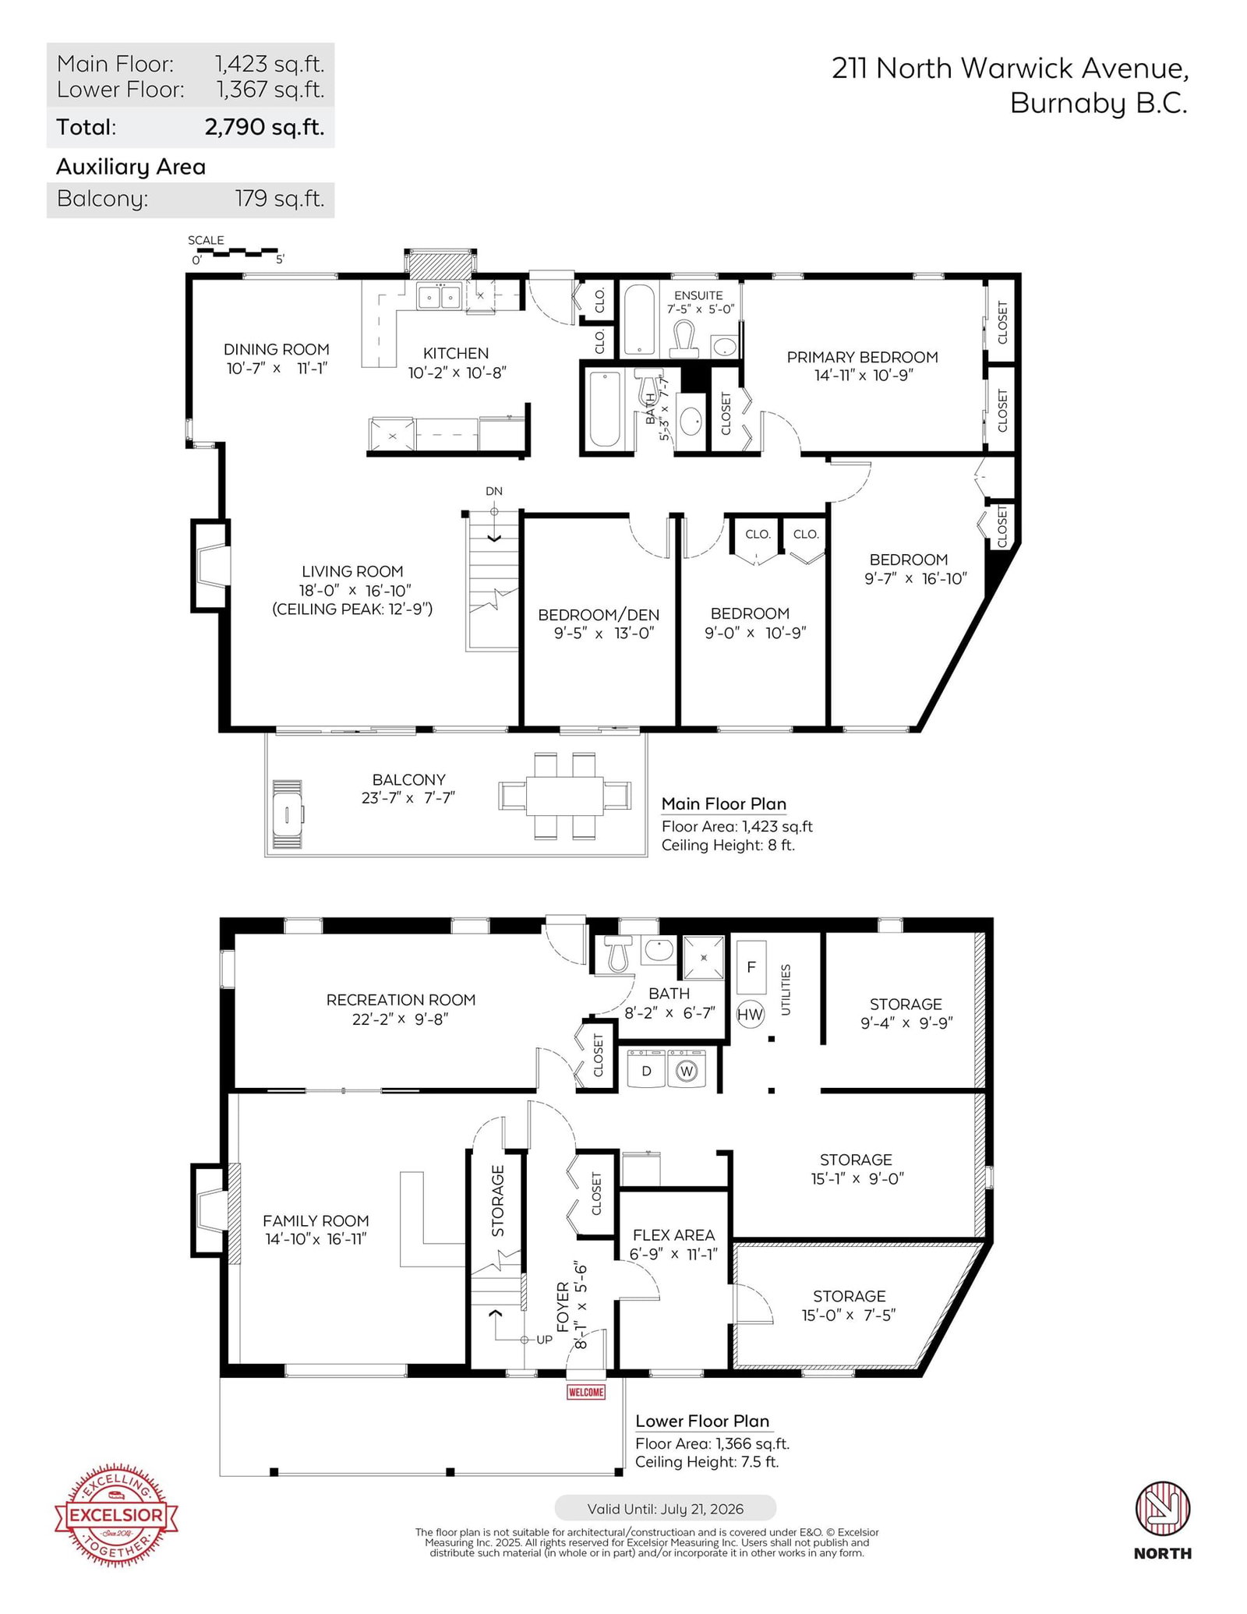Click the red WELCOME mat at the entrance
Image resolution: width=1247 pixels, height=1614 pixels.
click(586, 1392)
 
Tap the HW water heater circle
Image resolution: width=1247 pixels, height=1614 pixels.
click(750, 1013)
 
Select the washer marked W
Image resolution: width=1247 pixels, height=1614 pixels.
click(687, 1071)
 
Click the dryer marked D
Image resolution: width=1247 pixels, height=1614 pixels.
click(646, 1070)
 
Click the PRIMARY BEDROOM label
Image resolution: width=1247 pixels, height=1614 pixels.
click(862, 358)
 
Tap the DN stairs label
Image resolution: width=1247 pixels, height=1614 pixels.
click(494, 491)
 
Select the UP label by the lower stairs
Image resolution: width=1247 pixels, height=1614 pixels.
click(544, 1340)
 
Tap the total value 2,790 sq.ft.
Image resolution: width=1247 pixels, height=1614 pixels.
click(264, 127)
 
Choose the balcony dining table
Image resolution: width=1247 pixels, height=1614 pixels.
click(565, 795)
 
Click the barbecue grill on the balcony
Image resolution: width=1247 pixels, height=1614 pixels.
click(288, 815)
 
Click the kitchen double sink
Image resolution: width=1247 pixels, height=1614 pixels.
click(439, 297)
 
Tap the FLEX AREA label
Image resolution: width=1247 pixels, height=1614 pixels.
click(673, 1235)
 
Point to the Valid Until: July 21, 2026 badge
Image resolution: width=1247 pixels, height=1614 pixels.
click(665, 1509)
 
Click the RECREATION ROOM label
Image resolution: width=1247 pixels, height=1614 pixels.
click(401, 1000)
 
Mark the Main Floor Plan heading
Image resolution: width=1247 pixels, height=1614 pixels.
click(724, 804)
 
